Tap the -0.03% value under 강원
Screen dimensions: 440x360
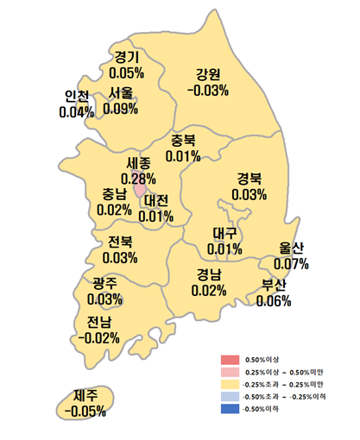click(208, 90)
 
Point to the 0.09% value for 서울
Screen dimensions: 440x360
click(121, 109)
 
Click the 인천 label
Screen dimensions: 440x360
click(77, 97)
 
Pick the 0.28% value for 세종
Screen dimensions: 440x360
click(138, 178)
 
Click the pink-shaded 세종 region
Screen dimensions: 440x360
click(139, 188)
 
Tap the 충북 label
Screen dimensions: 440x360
click(183, 141)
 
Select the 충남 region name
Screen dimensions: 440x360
click(115, 194)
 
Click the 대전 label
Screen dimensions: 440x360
click(157, 200)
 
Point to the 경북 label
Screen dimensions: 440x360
click(249, 179)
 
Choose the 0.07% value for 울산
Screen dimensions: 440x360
click(291, 262)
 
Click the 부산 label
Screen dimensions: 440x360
click(275, 286)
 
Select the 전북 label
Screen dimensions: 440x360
click(120, 242)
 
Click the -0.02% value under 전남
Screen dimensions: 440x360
click(98, 337)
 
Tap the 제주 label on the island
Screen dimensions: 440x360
click(85, 395)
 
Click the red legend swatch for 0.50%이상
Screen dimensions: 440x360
click(229, 358)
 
